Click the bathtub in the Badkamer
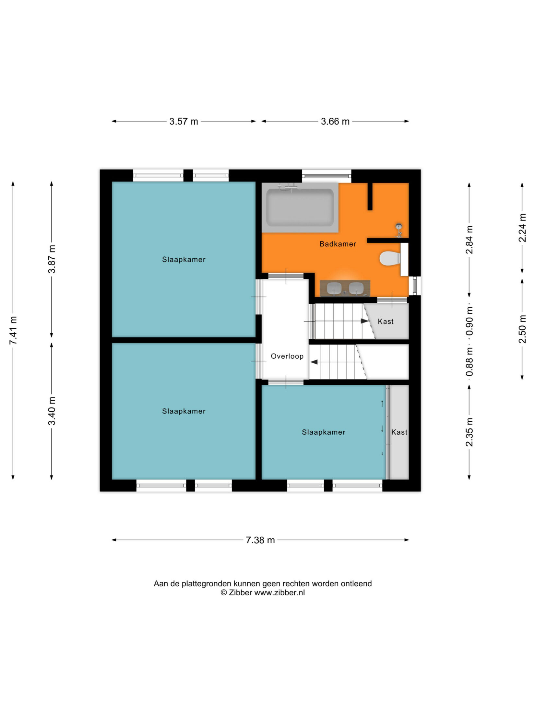[300, 207]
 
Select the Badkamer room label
[338, 244]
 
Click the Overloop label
[287, 356]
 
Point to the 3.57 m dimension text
[184, 122]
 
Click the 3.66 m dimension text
[335, 122]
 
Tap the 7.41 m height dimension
[13, 330]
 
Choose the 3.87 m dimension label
[52, 259]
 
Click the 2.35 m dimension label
[470, 432]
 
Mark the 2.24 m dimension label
[522, 228]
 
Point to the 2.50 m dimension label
[522, 329]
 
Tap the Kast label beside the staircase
[386, 321]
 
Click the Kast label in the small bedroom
[399, 432]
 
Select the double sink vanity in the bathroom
[345, 288]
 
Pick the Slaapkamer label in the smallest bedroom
[324, 432]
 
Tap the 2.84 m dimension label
[470, 240]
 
